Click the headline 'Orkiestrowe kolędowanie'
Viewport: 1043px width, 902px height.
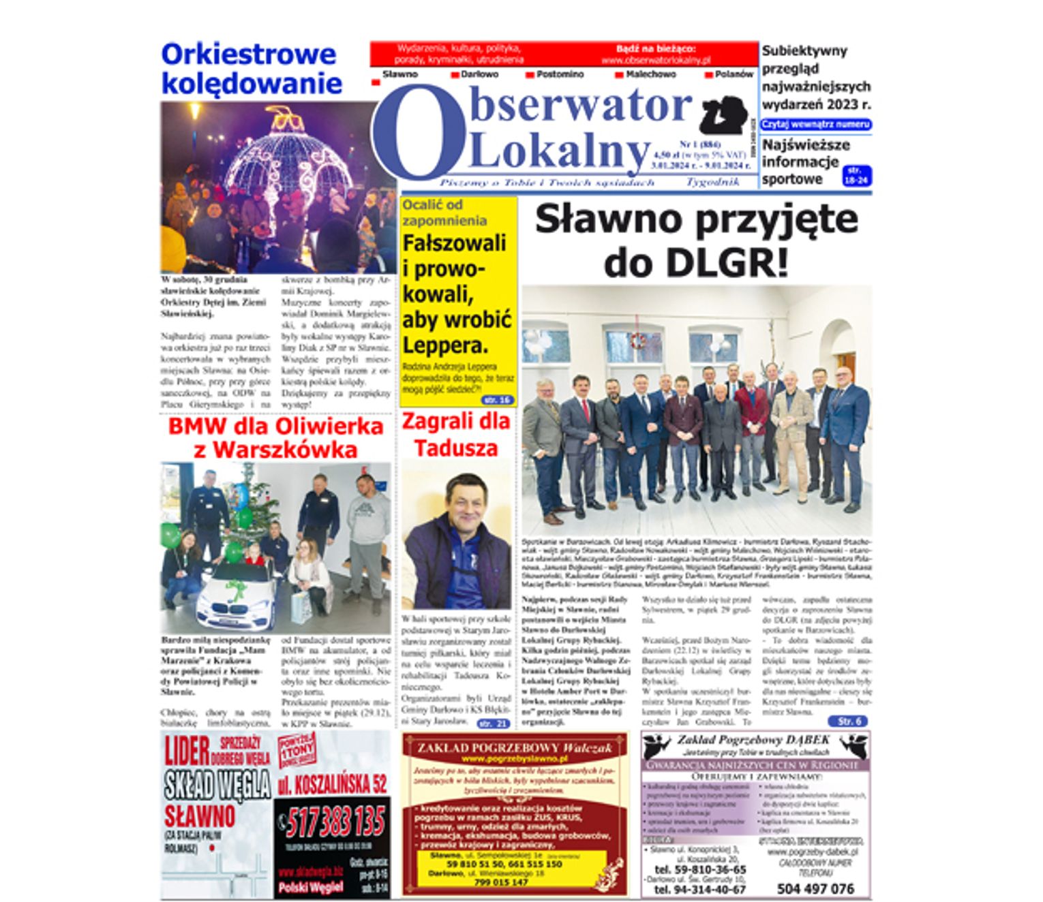click(251, 69)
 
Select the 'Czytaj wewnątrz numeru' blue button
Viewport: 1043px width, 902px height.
click(815, 125)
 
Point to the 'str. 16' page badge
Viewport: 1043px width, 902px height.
click(496, 400)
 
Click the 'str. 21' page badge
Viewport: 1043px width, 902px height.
click(492, 724)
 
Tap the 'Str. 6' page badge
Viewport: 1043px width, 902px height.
click(848, 721)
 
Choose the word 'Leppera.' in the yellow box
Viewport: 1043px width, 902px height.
click(445, 345)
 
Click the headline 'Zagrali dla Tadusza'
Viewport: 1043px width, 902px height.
click(455, 435)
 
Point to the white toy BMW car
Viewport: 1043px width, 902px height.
click(235, 600)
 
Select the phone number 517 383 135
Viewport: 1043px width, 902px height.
click(334, 822)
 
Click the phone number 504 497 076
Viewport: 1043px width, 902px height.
click(815, 888)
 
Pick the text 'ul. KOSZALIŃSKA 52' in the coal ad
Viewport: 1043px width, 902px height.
click(332, 785)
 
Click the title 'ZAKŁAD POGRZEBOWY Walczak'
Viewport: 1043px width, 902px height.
click(515, 747)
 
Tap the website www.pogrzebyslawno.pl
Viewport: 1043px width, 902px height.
click(515, 758)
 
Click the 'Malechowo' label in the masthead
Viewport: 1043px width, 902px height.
click(650, 74)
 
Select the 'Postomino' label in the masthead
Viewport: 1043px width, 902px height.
click(560, 74)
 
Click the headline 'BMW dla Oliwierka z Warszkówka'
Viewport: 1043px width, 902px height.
click(275, 438)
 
